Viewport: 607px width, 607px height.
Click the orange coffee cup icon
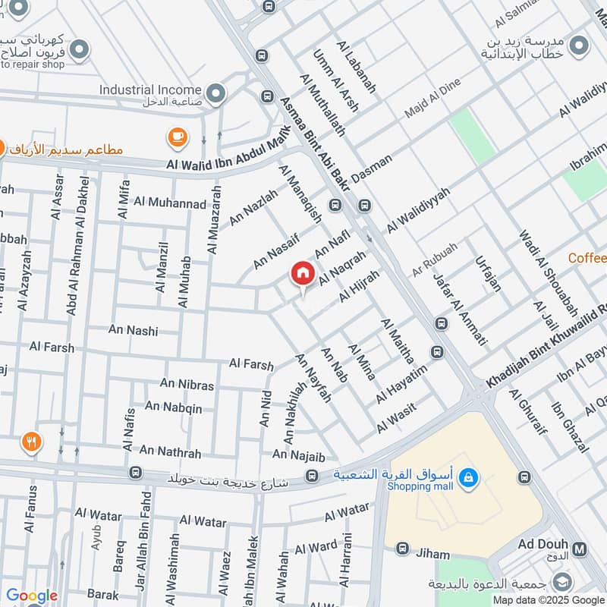click(x=178, y=137)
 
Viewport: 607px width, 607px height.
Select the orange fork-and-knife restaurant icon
click(x=31, y=442)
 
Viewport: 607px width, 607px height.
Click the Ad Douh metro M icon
click(x=580, y=549)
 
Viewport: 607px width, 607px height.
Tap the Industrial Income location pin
click(x=216, y=94)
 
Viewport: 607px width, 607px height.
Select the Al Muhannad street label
click(x=169, y=203)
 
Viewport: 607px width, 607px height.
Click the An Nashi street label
click(x=133, y=330)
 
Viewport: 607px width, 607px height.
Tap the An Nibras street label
click(x=187, y=385)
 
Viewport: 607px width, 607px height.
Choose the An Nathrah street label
click(x=170, y=452)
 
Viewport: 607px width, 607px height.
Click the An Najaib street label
click(x=298, y=455)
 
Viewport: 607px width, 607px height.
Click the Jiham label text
click(x=433, y=554)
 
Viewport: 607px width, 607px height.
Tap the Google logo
click(x=32, y=596)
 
